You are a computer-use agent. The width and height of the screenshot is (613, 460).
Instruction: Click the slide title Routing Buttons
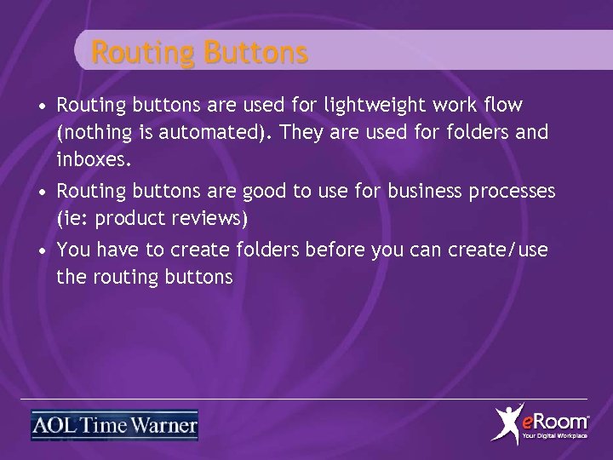199,53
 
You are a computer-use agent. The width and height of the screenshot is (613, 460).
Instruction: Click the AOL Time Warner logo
114,424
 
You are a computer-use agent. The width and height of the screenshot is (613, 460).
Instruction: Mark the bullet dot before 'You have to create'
42,250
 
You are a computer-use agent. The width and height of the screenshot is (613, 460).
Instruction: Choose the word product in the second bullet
126,218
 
